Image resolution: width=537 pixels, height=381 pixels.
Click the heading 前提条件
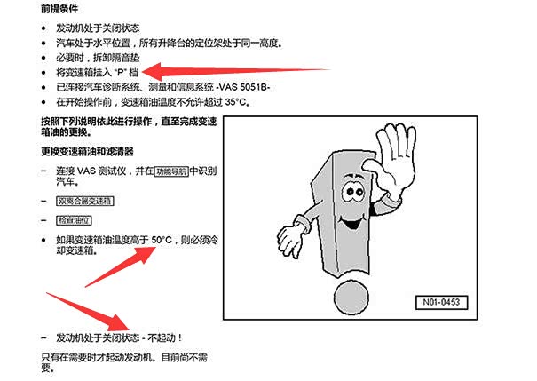coord(59,9)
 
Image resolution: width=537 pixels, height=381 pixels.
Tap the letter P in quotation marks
coord(120,73)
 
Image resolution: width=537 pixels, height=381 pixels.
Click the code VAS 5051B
coord(243,87)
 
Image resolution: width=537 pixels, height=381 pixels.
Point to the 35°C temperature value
coord(235,102)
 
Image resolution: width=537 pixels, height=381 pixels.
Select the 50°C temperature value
coord(162,240)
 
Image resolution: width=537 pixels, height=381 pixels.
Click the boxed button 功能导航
coord(171,171)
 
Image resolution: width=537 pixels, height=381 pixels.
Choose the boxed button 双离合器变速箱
coord(84,201)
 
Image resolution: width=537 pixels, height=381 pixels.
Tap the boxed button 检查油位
coord(74,220)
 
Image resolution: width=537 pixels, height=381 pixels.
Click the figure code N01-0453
coord(441,302)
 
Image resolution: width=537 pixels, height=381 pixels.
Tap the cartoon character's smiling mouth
coord(350,223)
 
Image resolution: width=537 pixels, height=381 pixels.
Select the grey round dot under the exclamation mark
coord(351,297)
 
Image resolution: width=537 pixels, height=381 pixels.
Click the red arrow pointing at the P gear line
coord(235,71)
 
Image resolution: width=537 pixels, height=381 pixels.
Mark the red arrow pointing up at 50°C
coord(121,266)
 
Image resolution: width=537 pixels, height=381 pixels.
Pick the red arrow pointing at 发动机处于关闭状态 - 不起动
coord(88,313)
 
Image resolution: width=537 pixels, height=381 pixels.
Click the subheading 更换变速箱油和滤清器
coord(87,152)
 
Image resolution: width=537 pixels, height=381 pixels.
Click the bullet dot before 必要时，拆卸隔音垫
coord(43,58)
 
